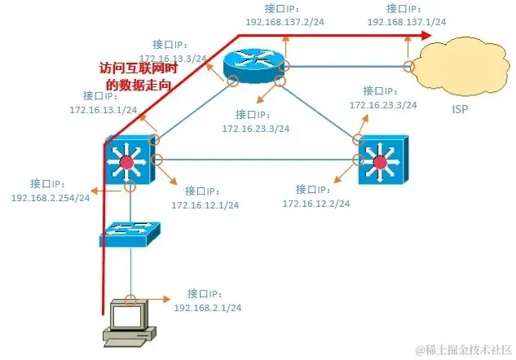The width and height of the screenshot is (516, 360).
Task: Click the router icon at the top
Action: pyautogui.click(x=256, y=65)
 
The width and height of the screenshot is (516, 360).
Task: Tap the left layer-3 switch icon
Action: pyautogui.click(x=126, y=159)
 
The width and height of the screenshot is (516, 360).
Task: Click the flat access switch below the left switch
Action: pyautogui.click(x=130, y=234)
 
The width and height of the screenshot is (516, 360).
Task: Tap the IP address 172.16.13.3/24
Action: pyautogui.click(x=174, y=58)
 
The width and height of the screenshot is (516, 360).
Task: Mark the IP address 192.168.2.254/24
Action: pyautogui.click(x=51, y=197)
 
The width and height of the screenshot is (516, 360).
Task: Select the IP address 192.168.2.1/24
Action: pyautogui.click(x=208, y=308)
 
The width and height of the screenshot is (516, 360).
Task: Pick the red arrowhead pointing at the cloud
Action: pyautogui.click(x=426, y=36)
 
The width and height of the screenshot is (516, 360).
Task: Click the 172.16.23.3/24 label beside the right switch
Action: pyautogui.click(x=383, y=105)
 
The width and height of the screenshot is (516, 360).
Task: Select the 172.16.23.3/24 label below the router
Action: pyautogui.click(x=256, y=128)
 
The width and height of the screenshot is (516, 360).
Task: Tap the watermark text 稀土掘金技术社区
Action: pyautogui.click(x=469, y=349)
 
